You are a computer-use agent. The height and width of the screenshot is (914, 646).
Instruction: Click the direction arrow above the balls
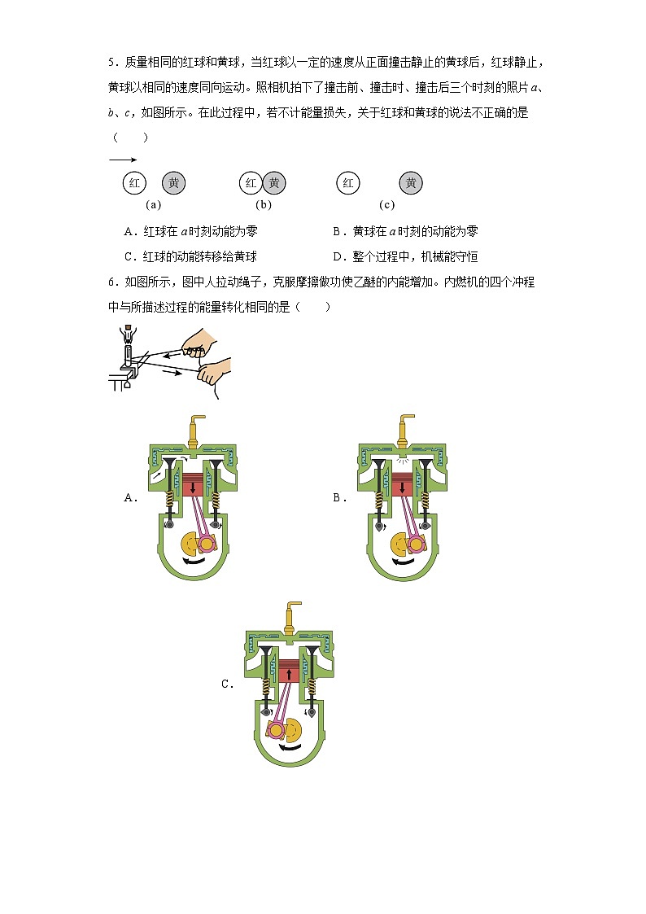point(122,160)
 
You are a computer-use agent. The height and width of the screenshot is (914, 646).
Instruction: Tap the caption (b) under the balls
point(264,205)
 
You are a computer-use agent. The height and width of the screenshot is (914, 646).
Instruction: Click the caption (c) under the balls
point(386,205)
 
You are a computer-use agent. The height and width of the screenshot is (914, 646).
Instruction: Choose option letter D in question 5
point(338,256)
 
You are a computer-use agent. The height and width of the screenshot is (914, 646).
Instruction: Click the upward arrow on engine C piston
point(289,673)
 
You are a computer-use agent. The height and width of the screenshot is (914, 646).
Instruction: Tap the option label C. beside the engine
point(228,684)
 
